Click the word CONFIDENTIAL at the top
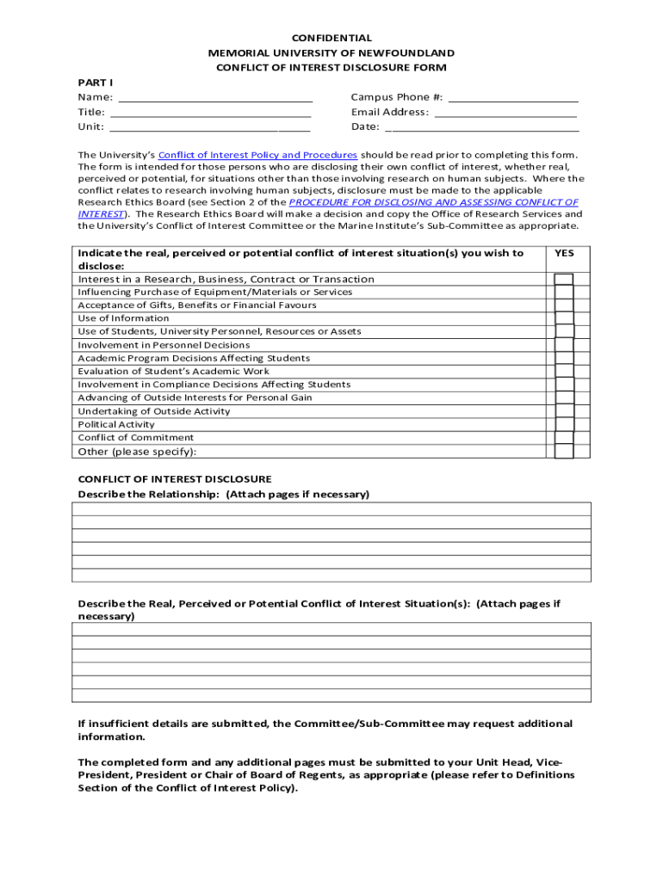(331, 38)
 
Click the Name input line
(215, 97)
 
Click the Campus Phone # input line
(513, 97)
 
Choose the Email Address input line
(505, 112)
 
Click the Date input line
(481, 126)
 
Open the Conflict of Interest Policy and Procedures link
(257, 155)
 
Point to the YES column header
(564, 253)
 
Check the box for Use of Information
(564, 318)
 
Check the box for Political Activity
(564, 424)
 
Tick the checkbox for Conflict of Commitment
(564, 437)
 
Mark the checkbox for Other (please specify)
(564, 452)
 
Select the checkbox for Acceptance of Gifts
(564, 305)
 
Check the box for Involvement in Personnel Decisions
(564, 345)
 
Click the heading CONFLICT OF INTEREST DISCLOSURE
(175, 479)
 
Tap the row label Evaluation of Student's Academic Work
(174, 372)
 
